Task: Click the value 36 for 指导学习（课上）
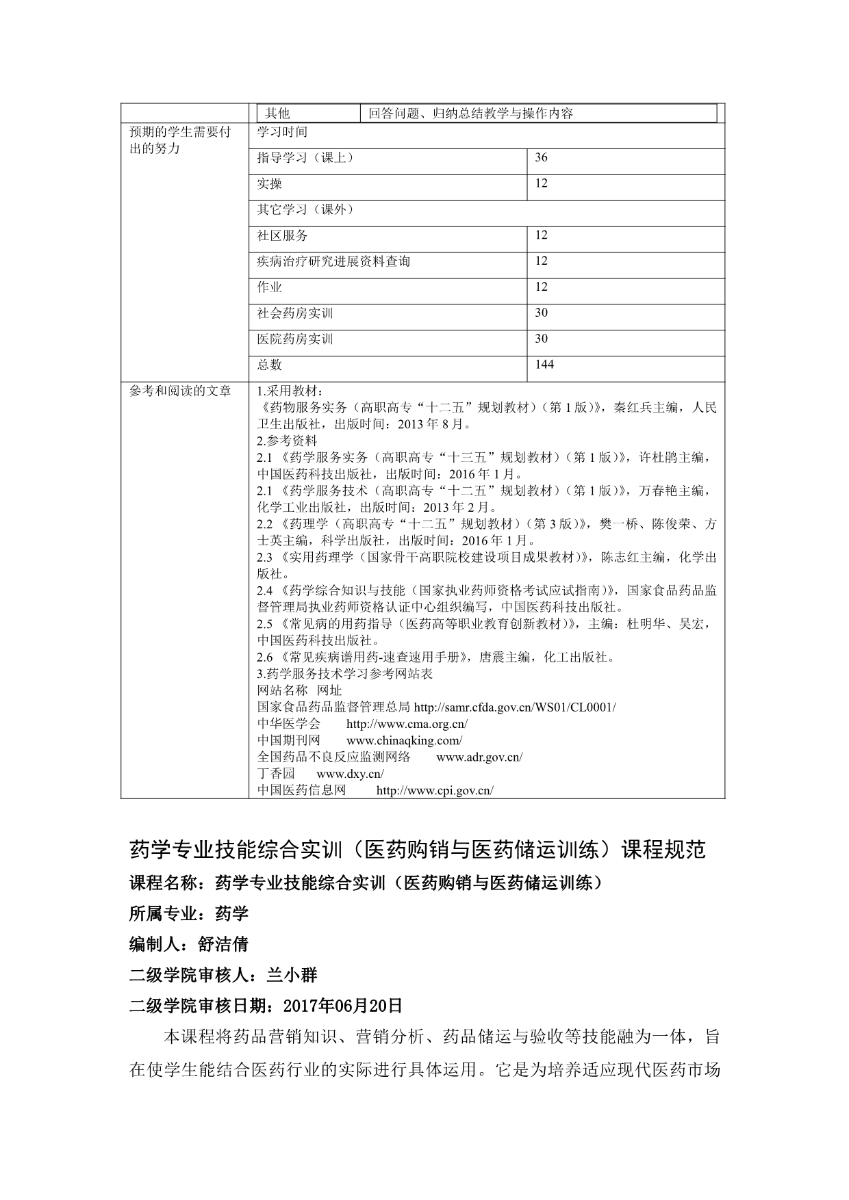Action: pyautogui.click(x=541, y=157)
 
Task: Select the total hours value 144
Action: pyautogui.click(x=544, y=365)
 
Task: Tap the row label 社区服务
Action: pyautogui.click(x=282, y=235)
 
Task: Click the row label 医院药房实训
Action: pyautogui.click(x=294, y=339)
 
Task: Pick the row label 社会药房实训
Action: pyautogui.click(x=294, y=313)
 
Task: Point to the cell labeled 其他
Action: pyautogui.click(x=277, y=114)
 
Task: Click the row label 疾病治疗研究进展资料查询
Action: pyautogui.click(x=333, y=261)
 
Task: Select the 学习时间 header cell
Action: pyautogui.click(x=282, y=131)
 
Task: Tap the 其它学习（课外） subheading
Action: pyautogui.click(x=305, y=209)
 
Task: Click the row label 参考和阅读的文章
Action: pyautogui.click(x=180, y=391)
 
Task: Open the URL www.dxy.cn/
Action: pyautogui.click(x=351, y=774)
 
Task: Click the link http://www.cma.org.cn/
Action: pyautogui.click(x=407, y=724)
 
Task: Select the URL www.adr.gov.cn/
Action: pyautogui.click(x=479, y=757)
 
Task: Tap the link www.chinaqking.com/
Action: pyautogui.click(x=405, y=740)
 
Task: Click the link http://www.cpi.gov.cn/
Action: pyautogui.click(x=435, y=791)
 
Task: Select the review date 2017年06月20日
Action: pyautogui.click(x=342, y=1006)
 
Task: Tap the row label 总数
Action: pyautogui.click(x=269, y=365)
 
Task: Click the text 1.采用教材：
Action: pyautogui.click(x=286, y=391)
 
